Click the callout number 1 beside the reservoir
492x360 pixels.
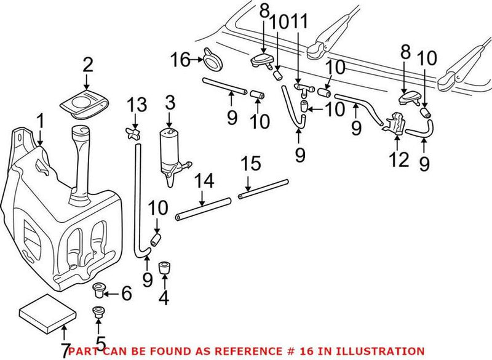[x=39, y=121]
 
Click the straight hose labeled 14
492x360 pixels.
[x=203, y=209]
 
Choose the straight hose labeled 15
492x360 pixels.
[x=263, y=188]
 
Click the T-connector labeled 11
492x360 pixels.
[x=301, y=90]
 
